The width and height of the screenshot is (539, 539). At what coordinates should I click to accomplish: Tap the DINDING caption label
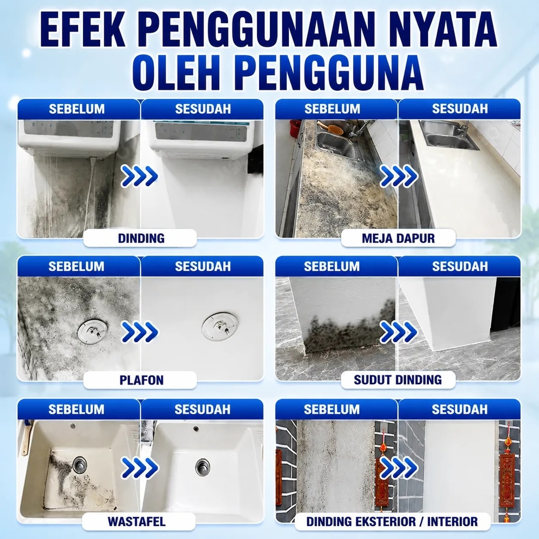point(141,239)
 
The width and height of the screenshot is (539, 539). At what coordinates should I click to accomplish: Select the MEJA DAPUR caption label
point(398,239)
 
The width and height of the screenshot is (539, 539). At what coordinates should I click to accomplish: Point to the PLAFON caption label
point(141,380)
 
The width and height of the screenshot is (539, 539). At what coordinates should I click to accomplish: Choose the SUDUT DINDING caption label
point(398,380)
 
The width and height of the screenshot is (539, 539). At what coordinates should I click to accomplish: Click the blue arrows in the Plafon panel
point(140,332)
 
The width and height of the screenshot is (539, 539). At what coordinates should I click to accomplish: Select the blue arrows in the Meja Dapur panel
point(398,176)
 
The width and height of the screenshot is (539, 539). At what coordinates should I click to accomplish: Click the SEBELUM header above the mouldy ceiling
point(76,266)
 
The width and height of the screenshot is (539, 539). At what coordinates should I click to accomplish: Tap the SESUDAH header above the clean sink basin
point(203,410)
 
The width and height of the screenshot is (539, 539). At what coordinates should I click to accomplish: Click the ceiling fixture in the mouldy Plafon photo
point(93,332)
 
